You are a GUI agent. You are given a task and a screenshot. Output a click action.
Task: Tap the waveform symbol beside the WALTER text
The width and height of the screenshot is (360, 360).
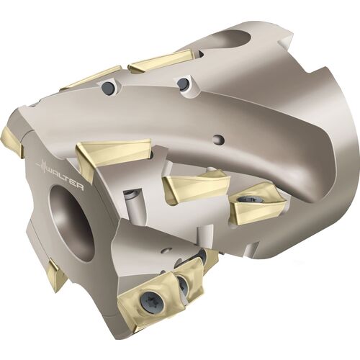[x=43, y=165]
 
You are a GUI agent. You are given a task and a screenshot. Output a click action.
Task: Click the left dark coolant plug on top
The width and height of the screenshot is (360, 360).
[x=107, y=86]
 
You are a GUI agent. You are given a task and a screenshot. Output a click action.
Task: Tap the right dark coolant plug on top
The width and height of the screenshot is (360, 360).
[x=184, y=84]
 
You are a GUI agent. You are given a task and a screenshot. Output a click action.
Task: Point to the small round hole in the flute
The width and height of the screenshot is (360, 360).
[x=218, y=138]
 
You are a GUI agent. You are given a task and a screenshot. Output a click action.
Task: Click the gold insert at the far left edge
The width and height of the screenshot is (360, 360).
[x=12, y=142]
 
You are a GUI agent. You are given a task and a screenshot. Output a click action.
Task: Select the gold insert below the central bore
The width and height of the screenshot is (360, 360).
[x=56, y=275]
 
